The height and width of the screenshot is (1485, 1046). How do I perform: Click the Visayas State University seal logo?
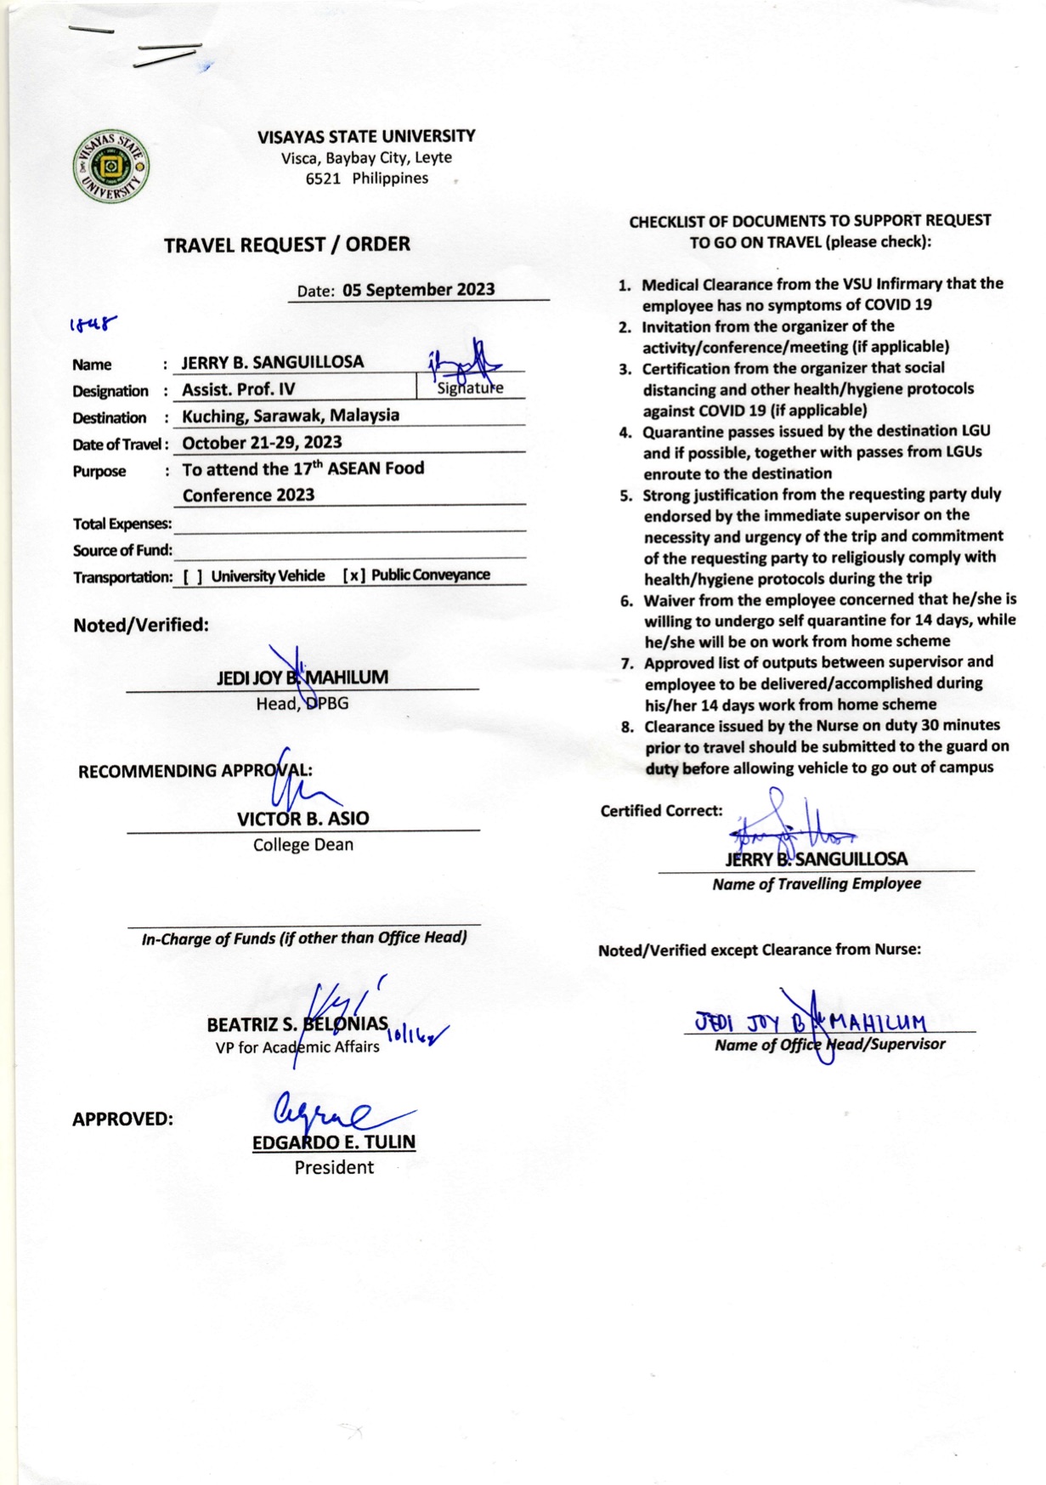110,167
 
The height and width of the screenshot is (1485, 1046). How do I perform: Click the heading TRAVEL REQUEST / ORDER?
287,245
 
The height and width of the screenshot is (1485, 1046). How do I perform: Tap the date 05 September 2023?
418,290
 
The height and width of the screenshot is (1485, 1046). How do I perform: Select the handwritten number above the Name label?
93,324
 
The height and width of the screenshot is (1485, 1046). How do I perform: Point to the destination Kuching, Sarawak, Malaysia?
291,416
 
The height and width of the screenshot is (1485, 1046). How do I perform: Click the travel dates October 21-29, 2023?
262,443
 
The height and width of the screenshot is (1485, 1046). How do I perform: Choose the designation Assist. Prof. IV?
239,389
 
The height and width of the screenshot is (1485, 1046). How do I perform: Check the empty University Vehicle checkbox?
193,576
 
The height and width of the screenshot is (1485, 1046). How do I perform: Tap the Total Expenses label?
122,524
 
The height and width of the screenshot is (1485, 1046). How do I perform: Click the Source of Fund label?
122,550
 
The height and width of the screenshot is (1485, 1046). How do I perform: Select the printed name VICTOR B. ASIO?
302,819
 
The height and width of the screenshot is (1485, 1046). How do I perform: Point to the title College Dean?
302,845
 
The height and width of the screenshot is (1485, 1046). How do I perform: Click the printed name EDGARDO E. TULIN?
334,1142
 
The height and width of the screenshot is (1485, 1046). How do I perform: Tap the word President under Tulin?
334,1168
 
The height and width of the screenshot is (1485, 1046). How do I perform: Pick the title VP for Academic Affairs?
297,1047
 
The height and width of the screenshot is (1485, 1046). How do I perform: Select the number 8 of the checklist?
627,727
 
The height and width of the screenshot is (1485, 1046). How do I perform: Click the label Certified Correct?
661,811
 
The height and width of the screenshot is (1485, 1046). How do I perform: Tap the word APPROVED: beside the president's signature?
122,1119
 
